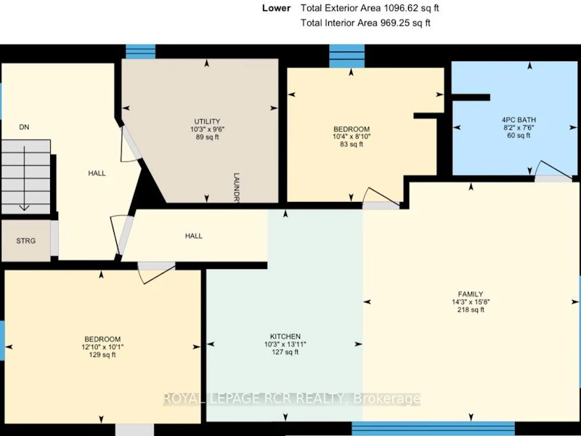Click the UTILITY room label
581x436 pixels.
pos(207,121)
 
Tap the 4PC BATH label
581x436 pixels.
pos(519,120)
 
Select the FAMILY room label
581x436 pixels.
pos(471,294)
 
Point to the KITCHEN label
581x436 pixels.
pos(285,336)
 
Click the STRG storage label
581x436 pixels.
pos(26,241)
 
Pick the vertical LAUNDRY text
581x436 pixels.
pos(237,187)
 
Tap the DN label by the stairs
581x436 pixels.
pos(24,127)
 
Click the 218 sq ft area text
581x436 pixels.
pos(471,310)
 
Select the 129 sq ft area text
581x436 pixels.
pos(102,355)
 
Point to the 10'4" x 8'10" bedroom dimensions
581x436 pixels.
pos(352,137)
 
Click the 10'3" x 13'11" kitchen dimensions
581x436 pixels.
pos(285,344)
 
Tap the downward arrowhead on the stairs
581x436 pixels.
pos(25,207)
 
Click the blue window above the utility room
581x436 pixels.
pos(140,52)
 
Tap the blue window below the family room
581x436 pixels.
pos(433,428)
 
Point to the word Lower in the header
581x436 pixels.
pos(276,8)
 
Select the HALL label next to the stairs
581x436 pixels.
pos(97,173)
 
